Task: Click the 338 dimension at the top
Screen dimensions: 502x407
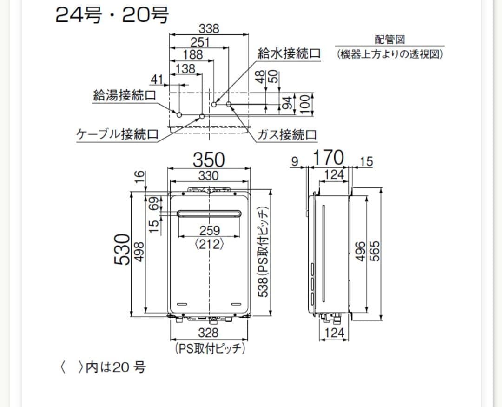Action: coord(209,28)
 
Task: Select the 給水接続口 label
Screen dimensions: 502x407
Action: coord(289,53)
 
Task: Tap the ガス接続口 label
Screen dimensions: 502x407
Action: coord(287,134)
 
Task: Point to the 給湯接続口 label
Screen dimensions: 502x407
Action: coord(125,95)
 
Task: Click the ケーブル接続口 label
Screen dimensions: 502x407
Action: coord(117,134)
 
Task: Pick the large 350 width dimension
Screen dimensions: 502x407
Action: coord(209,160)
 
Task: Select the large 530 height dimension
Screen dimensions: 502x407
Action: coord(123,250)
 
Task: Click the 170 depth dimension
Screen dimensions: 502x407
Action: coord(329,158)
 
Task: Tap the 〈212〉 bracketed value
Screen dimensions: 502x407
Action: coord(209,244)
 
